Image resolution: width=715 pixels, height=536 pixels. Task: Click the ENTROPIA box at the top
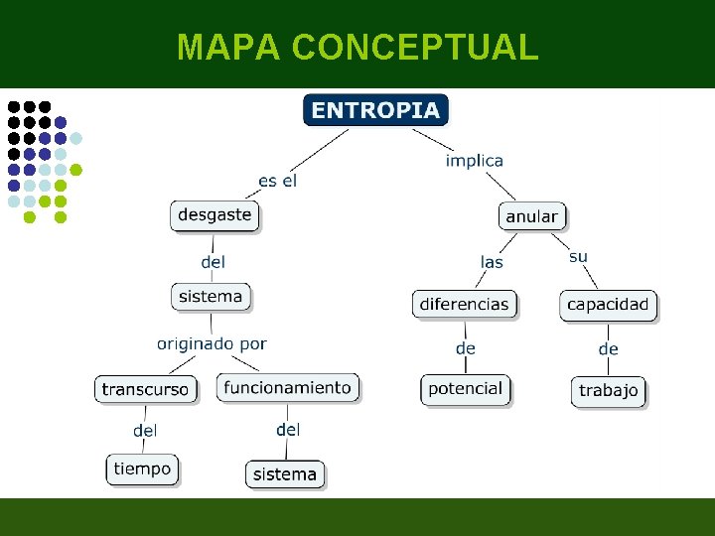coord(375,110)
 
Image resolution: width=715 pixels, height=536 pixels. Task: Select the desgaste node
coord(214,214)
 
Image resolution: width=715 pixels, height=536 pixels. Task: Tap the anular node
coord(532,216)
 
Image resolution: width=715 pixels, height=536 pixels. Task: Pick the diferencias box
coord(464,304)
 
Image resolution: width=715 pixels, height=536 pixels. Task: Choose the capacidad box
coord(608,305)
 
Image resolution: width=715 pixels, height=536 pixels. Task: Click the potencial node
coord(465,389)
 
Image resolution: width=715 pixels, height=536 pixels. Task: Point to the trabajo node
coord(608,390)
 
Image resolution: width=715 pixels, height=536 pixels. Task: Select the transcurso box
coord(145,389)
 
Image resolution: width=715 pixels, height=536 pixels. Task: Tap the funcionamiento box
coord(287,387)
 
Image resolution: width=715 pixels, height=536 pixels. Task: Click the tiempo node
coord(142,469)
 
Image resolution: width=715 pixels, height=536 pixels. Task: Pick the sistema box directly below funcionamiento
coord(284,474)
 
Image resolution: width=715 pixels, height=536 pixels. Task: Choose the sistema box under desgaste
coord(211,296)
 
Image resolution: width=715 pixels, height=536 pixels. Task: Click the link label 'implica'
coord(475,160)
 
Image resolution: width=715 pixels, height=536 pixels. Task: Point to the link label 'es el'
coord(277,181)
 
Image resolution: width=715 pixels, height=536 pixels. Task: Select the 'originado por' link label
coord(212,343)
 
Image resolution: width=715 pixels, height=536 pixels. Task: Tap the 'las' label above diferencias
coord(492,262)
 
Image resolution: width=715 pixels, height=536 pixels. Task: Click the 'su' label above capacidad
coord(578,256)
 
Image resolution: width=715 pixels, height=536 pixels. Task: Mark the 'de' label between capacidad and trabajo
coord(608,348)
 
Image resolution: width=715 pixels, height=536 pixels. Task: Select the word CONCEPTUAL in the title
coord(416,47)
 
